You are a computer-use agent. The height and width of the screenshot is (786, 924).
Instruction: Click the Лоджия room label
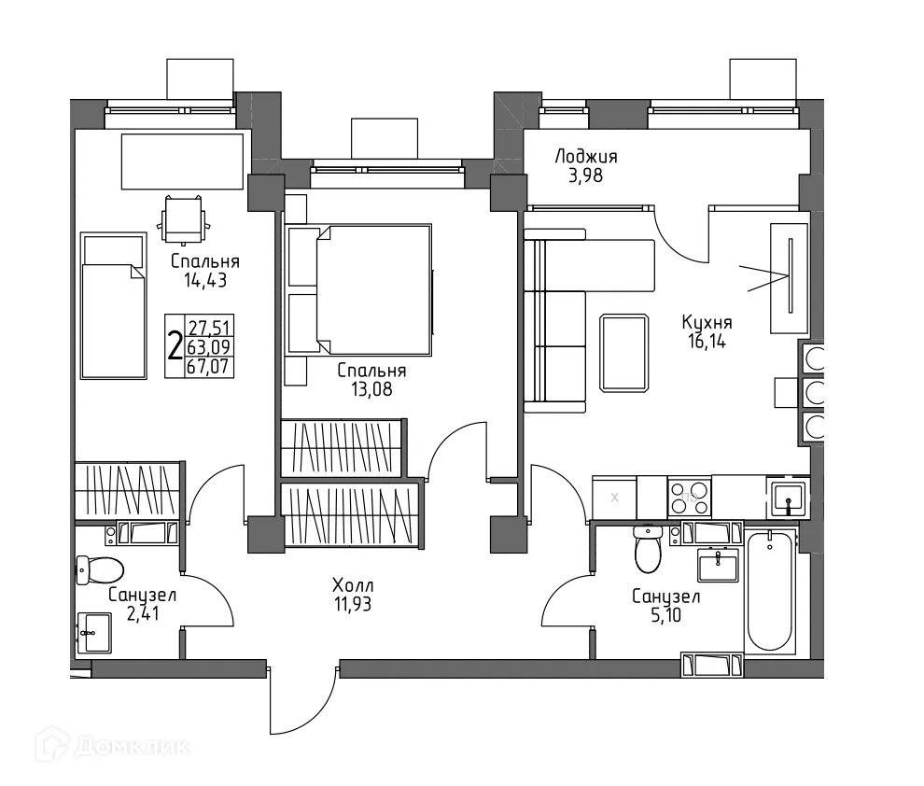[586, 157]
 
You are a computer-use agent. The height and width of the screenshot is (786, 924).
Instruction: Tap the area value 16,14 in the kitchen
[707, 342]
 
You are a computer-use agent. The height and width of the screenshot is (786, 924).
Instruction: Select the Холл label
[353, 585]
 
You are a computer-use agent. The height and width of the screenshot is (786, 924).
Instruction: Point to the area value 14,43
[205, 280]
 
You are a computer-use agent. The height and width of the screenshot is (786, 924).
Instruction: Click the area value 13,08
[371, 389]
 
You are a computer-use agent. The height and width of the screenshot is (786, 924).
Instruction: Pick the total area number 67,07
[209, 367]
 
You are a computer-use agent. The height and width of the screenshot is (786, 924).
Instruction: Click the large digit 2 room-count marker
[175, 346]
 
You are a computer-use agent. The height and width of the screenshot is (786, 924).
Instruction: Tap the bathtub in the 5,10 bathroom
[769, 590]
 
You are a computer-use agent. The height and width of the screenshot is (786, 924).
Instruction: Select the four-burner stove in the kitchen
[690, 497]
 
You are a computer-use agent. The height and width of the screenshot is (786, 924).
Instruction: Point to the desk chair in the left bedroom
[184, 219]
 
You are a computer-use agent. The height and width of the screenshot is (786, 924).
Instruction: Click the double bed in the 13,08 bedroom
[373, 290]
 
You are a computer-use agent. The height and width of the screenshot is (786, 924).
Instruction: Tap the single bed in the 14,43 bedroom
[113, 306]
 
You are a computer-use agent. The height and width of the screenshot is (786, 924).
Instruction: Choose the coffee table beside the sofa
[624, 353]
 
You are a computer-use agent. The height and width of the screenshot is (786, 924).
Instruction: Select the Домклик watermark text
[132, 747]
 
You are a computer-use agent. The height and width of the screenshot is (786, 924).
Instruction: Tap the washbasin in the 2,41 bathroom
[94, 632]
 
